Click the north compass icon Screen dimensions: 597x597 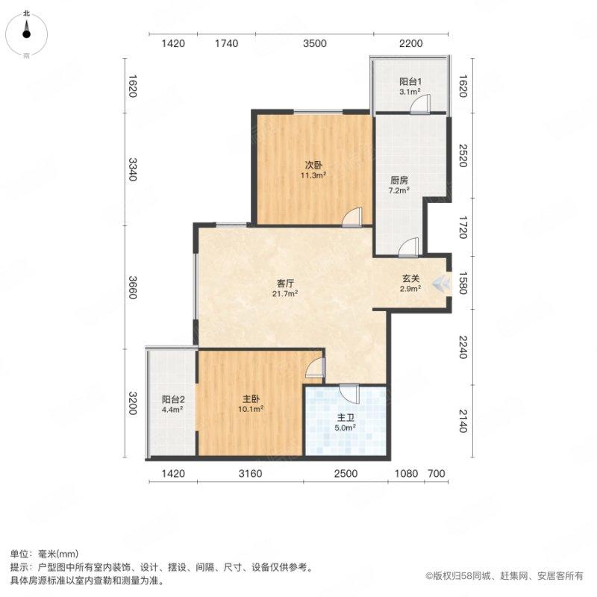(26, 30)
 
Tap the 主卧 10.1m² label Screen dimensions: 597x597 (251, 403)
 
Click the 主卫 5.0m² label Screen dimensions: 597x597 (344, 422)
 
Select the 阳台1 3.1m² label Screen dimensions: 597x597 (410, 87)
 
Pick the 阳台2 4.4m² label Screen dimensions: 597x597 (172, 404)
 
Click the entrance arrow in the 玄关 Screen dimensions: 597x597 (441, 283)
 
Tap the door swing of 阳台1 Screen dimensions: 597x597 (419, 106)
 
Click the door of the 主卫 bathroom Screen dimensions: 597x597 (349, 393)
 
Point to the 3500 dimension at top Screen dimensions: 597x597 (315, 44)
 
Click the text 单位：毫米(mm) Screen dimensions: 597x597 (44, 554)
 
